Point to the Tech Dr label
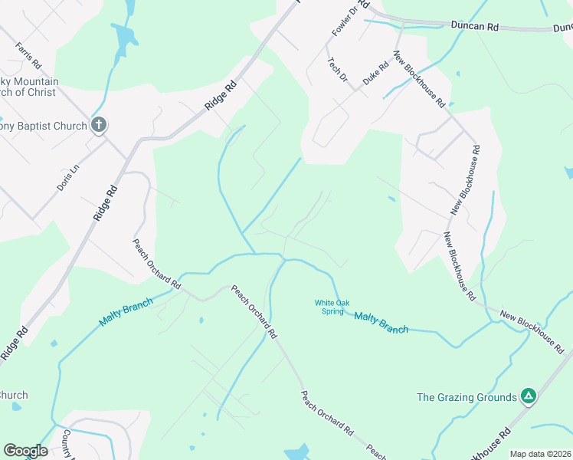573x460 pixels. click(x=338, y=71)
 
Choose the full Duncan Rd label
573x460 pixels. click(x=476, y=26)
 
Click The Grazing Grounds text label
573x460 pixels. click(x=467, y=397)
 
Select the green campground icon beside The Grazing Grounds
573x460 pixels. click(x=528, y=396)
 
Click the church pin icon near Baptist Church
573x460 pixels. click(x=99, y=124)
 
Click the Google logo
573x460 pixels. click(x=25, y=450)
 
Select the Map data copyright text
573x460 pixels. click(x=540, y=454)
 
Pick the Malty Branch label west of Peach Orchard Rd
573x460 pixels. click(x=126, y=310)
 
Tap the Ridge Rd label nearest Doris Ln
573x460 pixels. click(x=107, y=204)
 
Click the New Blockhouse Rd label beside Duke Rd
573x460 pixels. click(x=420, y=79)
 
